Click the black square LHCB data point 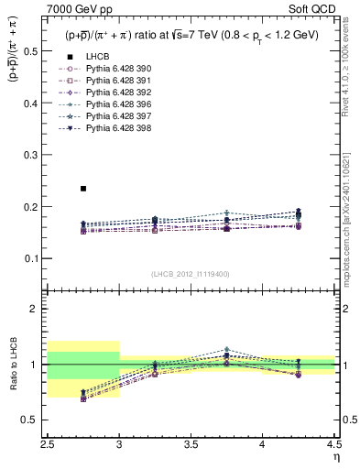click(83, 189)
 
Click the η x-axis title click(335, 456)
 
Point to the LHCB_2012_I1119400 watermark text click(190, 274)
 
